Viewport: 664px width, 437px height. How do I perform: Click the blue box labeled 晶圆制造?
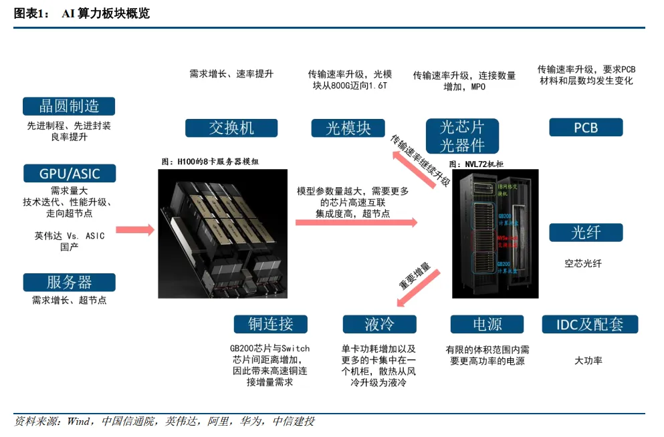pyautogui.click(x=69, y=106)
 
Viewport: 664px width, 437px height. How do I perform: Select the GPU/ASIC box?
pyautogui.click(x=69, y=174)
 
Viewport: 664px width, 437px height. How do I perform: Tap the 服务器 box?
pyautogui.click(x=69, y=282)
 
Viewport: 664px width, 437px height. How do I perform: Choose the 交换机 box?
pyautogui.click(x=231, y=128)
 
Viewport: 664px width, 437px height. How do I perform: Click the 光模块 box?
pyautogui.click(x=348, y=128)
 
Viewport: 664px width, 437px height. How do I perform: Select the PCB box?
pyautogui.click(x=586, y=128)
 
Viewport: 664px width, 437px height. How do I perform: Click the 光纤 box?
pyautogui.click(x=586, y=233)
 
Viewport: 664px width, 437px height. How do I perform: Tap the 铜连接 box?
pyautogui.click(x=271, y=324)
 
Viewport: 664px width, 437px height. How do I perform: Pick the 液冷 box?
pyautogui.click(x=379, y=324)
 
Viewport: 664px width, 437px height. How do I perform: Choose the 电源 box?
pyautogui.click(x=487, y=324)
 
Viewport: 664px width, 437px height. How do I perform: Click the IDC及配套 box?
pyautogui.click(x=590, y=324)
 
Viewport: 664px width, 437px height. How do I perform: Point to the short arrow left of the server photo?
pyautogui.click(x=135, y=230)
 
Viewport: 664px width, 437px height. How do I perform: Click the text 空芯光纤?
pyautogui.click(x=583, y=263)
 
